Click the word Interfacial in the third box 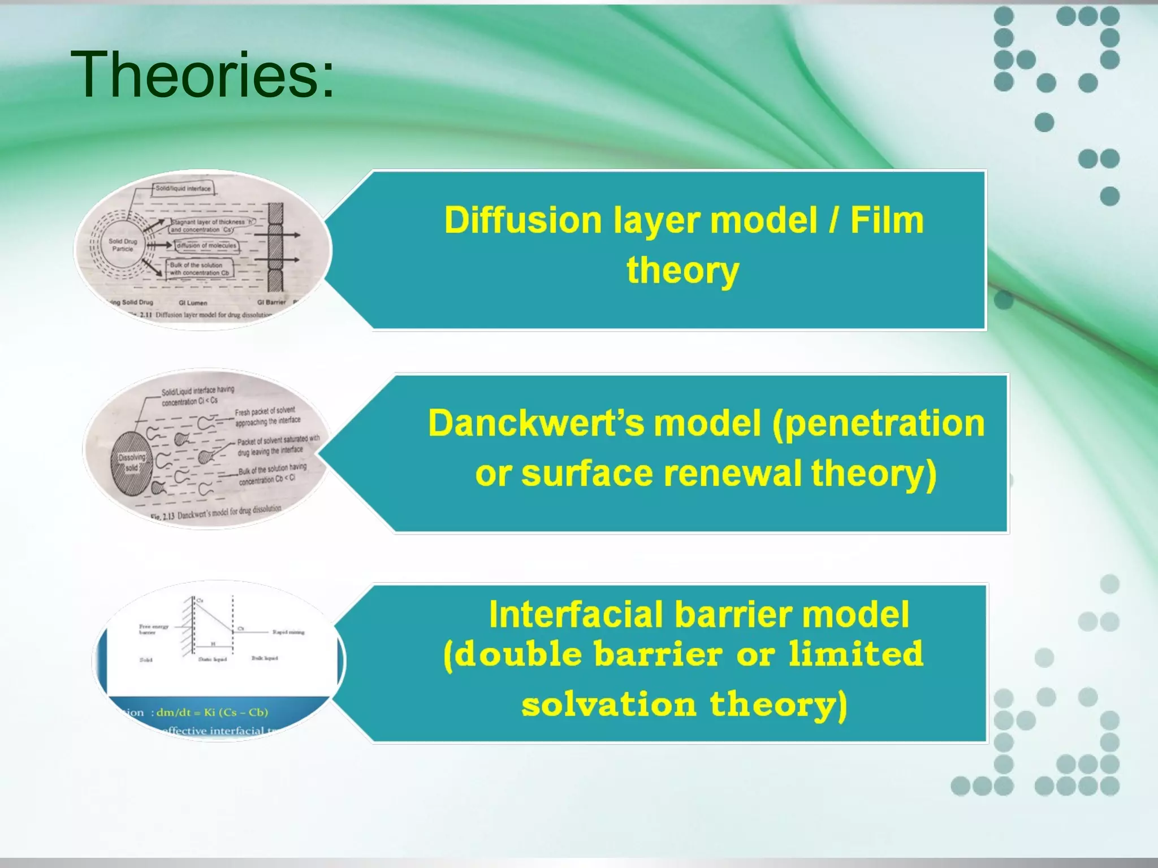coord(576,614)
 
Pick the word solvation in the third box coord(608,705)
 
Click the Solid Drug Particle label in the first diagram coord(123,245)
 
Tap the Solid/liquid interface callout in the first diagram coord(183,189)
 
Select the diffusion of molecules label coord(206,246)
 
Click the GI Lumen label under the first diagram coord(193,303)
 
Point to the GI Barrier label coord(271,302)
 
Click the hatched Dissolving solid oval coord(132,462)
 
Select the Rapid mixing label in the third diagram coord(288,632)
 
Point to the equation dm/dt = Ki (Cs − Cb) coord(212,713)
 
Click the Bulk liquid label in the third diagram coord(264,658)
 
